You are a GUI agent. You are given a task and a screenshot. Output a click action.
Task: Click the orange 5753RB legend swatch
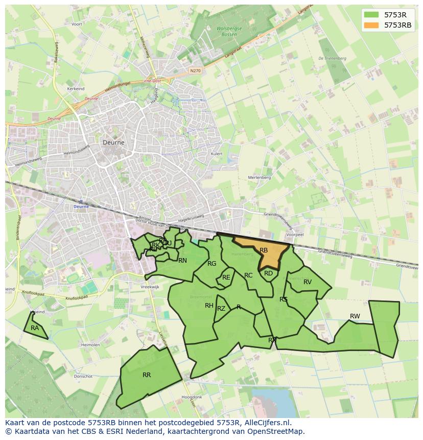372,25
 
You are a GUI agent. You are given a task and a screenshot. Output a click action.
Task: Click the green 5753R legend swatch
372,14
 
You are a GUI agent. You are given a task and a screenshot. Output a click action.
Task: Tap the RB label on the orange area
264,250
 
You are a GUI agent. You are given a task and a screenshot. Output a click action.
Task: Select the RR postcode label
147,375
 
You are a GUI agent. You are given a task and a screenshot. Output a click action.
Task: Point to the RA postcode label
35,328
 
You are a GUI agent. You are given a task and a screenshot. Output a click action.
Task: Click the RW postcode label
355,316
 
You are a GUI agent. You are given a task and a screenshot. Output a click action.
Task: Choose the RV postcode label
308,282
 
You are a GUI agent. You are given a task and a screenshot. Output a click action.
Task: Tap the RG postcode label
212,264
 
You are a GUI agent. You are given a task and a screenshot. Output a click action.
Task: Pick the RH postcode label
209,306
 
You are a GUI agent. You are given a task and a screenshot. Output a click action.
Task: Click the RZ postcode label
221,309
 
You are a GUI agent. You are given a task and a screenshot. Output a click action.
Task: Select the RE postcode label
226,277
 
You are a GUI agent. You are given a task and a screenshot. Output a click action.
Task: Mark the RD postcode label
268,273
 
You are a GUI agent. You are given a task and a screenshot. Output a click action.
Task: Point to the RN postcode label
182,261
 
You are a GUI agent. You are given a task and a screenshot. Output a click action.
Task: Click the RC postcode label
248,275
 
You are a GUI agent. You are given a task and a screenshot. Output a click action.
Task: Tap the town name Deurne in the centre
113,143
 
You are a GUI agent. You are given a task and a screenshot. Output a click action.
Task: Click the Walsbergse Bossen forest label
228,32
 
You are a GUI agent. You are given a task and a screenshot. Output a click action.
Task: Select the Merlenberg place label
259,177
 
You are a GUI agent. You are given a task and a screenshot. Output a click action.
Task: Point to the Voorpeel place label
295,235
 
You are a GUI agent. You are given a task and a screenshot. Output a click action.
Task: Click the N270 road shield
195,71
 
